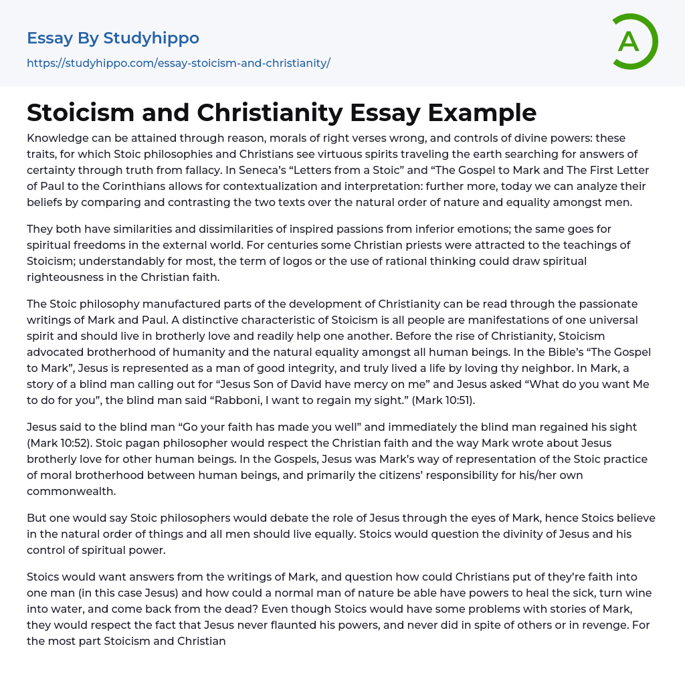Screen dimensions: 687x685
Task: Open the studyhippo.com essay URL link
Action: [179, 64]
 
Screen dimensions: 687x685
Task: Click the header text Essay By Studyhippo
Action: [113, 38]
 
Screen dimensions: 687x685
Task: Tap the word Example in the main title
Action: [482, 112]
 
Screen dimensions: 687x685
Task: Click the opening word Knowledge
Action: [58, 138]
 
